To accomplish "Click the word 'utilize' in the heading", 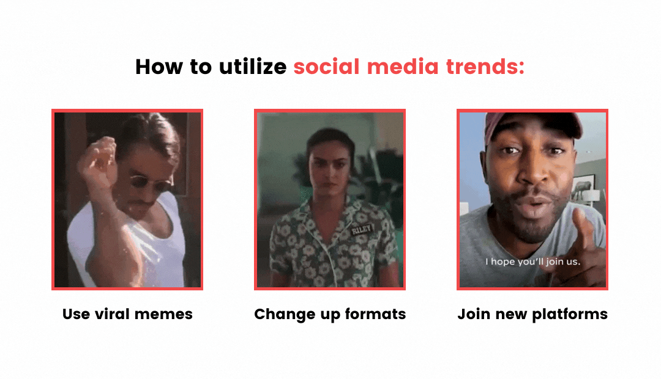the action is click(x=253, y=67).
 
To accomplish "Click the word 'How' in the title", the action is click(x=159, y=67).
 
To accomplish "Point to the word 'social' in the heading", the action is click(x=327, y=67).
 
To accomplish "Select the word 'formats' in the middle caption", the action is click(x=375, y=314).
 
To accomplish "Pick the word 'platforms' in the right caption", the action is click(x=570, y=315).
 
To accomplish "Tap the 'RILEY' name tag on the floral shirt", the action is click(x=361, y=230).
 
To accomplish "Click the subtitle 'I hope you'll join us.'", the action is click(x=533, y=262).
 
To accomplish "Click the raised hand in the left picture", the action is click(x=98, y=162).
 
